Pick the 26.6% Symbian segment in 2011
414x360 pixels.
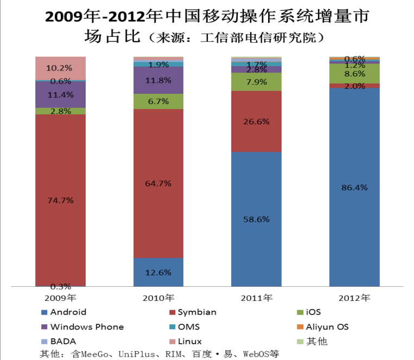click(x=256, y=121)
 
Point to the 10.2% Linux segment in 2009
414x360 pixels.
click(x=60, y=68)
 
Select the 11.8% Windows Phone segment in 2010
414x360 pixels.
click(x=158, y=80)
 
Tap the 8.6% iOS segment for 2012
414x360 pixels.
click(x=354, y=73)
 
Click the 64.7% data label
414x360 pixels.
click(x=158, y=183)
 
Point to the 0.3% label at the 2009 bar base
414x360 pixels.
click(x=60, y=286)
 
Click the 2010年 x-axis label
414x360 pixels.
click(x=158, y=298)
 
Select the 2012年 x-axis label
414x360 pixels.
click(x=354, y=298)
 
